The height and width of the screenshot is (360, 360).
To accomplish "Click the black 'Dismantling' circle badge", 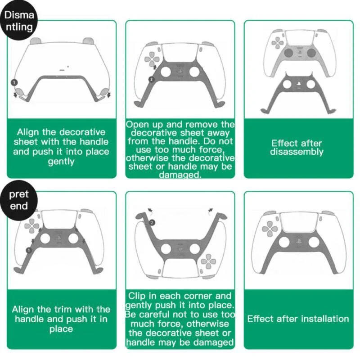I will pos(19,21).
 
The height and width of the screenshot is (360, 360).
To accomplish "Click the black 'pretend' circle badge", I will pos(19,200).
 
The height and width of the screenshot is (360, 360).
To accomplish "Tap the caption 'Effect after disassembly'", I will pos(297,148).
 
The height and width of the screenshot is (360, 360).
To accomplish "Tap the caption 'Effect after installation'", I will pos(298,319).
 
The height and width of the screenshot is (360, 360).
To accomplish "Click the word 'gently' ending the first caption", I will pos(61,162).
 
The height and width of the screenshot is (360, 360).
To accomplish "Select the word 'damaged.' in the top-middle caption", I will pos(180,175).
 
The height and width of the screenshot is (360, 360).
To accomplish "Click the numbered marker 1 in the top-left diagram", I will pos(14,83).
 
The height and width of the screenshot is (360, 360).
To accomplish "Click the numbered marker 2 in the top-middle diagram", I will pos(151,79).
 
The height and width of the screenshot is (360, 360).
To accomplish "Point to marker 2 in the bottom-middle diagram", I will pos(152,222).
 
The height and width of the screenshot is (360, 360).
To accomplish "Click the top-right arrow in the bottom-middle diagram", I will pos(211,210).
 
